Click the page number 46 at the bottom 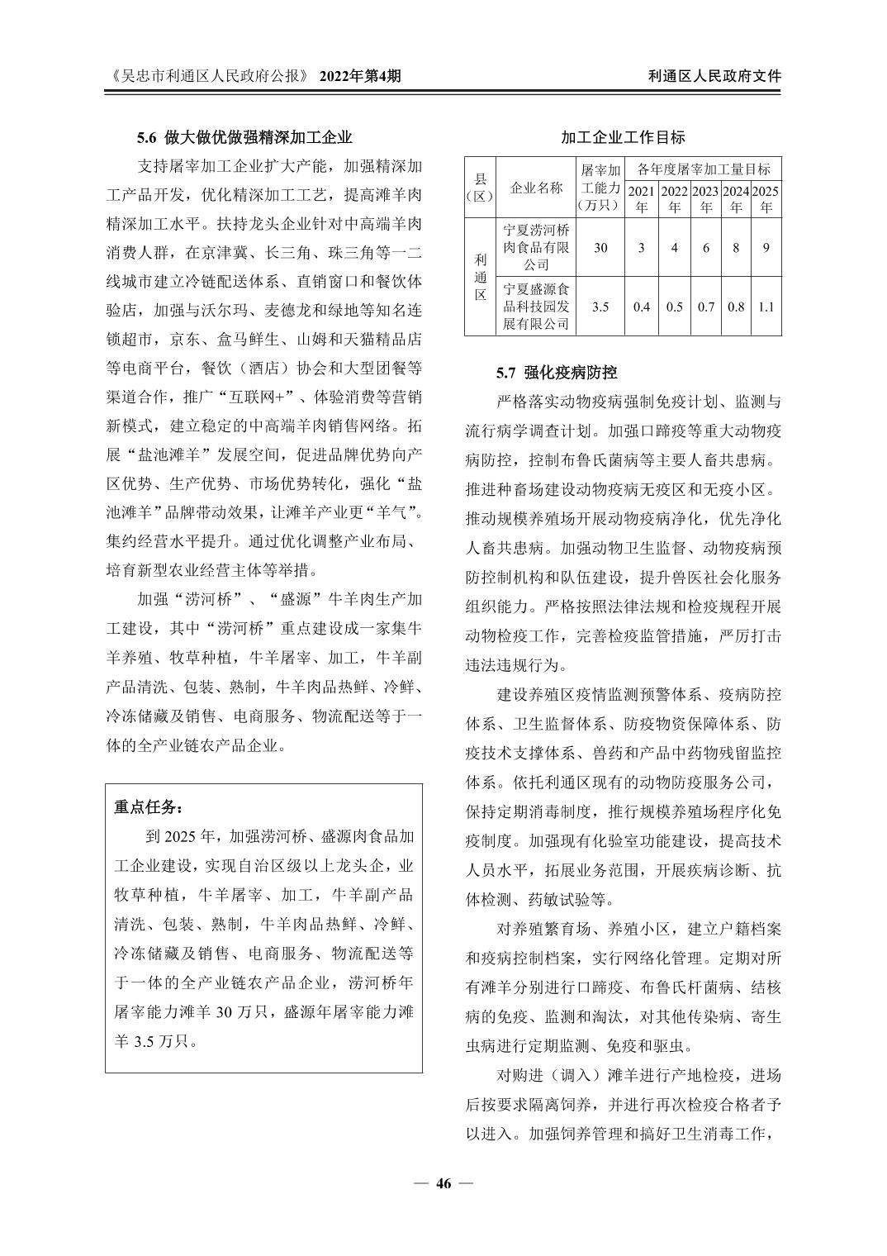pyautogui.click(x=443, y=1183)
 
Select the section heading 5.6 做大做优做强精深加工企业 pyautogui.click(x=244, y=137)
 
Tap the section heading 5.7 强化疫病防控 pyautogui.click(x=557, y=373)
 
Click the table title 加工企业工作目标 pyautogui.click(x=623, y=137)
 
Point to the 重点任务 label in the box pyautogui.click(x=149, y=806)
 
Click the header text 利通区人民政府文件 pyautogui.click(x=714, y=76)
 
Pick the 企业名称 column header pyautogui.click(x=537, y=188)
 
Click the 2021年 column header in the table pyautogui.click(x=642, y=199)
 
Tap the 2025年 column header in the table pyautogui.click(x=766, y=199)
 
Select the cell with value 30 pyautogui.click(x=600, y=247)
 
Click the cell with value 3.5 pyautogui.click(x=600, y=307)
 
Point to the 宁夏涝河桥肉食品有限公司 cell pyautogui.click(x=537, y=247)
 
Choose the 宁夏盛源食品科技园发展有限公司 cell pyautogui.click(x=537, y=307)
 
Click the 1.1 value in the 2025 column pyautogui.click(x=766, y=307)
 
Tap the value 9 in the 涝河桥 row pyautogui.click(x=766, y=247)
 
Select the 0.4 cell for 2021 pyautogui.click(x=642, y=307)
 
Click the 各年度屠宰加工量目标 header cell pyautogui.click(x=704, y=169)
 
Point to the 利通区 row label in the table pyautogui.click(x=481, y=277)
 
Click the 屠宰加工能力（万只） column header pyautogui.click(x=600, y=188)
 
